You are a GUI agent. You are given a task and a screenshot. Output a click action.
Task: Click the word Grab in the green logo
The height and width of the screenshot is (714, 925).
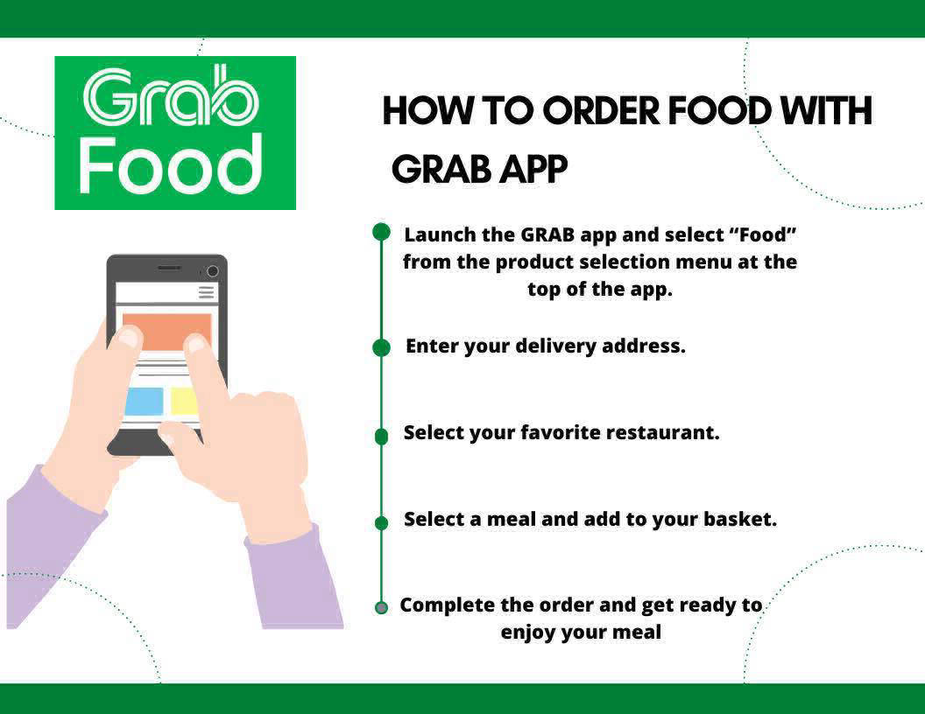pos(171,96)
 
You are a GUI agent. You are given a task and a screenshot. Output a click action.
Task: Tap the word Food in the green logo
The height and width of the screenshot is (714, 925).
pos(171,165)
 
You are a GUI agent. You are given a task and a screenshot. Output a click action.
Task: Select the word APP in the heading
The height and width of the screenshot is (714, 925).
pos(533,169)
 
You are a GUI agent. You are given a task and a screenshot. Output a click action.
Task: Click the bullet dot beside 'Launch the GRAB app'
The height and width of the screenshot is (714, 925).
pos(382,232)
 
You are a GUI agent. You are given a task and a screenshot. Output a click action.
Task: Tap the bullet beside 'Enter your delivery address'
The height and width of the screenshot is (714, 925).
pos(382,347)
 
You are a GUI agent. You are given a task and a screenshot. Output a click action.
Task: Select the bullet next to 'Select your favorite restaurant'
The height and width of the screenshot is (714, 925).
pos(382,437)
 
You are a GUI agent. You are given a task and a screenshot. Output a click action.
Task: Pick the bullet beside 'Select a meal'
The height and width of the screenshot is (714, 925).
pos(382,522)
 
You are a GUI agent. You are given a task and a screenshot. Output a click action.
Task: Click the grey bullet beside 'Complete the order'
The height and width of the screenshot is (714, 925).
pos(382,607)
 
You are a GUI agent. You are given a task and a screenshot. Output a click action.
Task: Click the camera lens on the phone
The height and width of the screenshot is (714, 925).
pos(212,271)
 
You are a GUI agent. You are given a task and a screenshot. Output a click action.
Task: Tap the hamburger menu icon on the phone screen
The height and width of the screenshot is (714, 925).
pos(206,292)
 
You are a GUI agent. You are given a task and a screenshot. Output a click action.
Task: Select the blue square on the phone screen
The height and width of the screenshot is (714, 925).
pos(144,401)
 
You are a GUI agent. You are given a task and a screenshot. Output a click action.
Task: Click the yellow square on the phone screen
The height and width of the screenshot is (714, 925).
pos(183,401)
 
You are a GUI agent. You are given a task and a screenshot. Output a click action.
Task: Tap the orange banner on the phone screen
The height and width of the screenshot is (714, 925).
pos(167,332)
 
